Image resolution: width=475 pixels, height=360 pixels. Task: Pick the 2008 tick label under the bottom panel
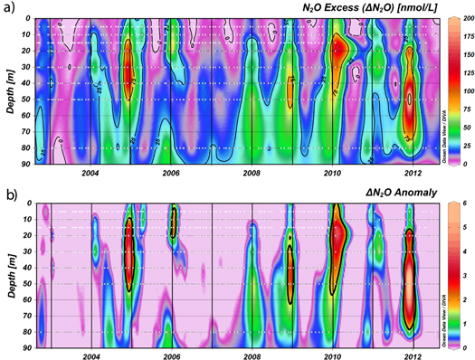pos(252,356)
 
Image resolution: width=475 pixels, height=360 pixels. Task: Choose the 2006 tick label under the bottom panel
pos(172,356)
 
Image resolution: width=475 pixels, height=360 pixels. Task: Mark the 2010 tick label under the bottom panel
pos(332,356)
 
